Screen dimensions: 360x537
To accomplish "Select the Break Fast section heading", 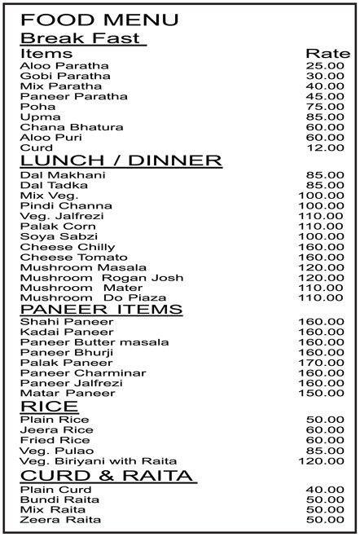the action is point(81,38).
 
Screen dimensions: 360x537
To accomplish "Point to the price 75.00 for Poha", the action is point(324,107).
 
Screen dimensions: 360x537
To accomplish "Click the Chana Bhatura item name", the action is point(60,127).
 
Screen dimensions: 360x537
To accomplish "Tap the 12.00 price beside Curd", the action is point(324,147).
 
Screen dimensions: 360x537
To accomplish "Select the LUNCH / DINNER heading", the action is point(121,161).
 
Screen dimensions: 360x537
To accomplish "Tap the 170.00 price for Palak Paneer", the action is point(324,363).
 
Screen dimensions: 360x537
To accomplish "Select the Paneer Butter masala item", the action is point(83,342).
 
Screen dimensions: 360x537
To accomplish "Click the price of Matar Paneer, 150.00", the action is point(324,394).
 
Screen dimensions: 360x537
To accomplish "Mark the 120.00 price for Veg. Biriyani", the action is point(324,460).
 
